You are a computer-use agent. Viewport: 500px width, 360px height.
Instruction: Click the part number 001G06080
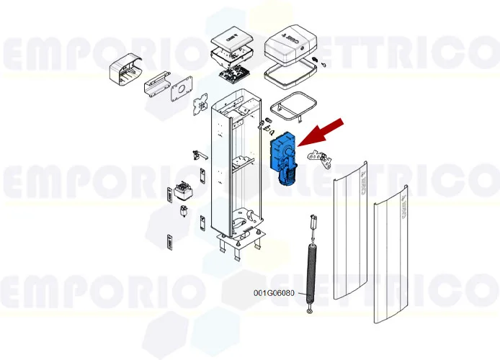coord(274,293)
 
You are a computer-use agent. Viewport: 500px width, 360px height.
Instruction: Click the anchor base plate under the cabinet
coord(238,241)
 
